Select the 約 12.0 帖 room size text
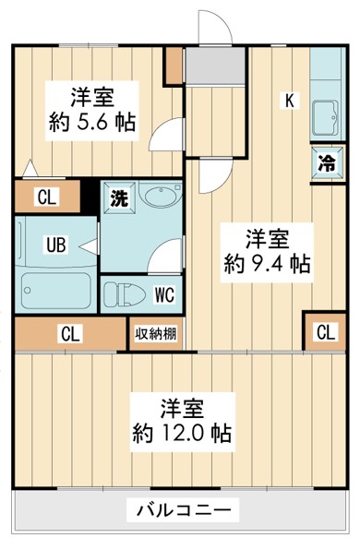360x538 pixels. coord(181,432)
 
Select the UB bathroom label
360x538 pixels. coord(55,245)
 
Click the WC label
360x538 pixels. coord(164,295)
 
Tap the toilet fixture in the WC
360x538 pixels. coord(126,296)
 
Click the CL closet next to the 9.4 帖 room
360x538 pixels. coord(326,331)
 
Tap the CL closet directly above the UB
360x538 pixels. coord(45,196)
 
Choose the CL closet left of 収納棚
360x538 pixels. coord(69,334)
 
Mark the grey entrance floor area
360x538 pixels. coord(215,66)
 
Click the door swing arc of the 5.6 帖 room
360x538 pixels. coord(162,138)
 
